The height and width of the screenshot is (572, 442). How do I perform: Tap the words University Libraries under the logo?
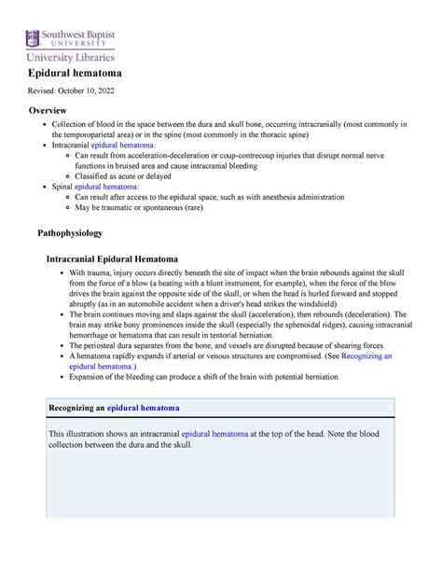tap(76, 58)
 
